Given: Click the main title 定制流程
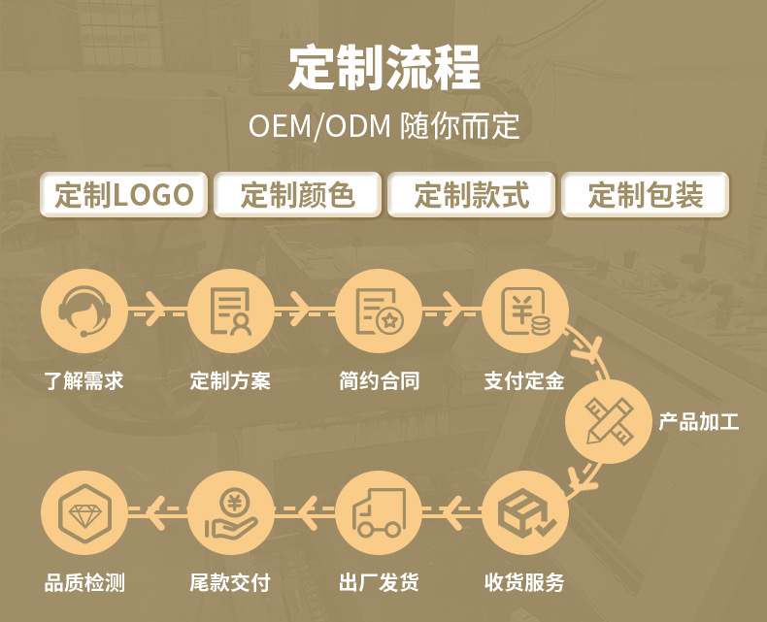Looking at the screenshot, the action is [383, 68].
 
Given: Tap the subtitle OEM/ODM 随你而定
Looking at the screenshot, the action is [383, 127].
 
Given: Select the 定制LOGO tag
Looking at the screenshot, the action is [124, 195].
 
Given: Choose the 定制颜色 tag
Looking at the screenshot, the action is [297, 195].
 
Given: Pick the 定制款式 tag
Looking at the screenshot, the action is [471, 195].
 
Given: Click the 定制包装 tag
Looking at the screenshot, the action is [645, 195].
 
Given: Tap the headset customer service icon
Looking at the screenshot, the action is [83, 311].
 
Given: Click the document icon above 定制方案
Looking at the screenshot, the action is [230, 311].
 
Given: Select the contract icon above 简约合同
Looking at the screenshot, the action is [378, 311].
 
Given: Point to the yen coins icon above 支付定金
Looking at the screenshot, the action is [524, 311].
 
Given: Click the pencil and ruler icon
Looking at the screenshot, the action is [609, 421].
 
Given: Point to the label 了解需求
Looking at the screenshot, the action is [83, 380].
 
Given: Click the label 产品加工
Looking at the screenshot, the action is [699, 422].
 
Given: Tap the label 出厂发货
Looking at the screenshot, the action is [378, 583].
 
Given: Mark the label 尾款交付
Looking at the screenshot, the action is [230, 583].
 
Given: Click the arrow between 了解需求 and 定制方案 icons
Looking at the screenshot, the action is [156, 311].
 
